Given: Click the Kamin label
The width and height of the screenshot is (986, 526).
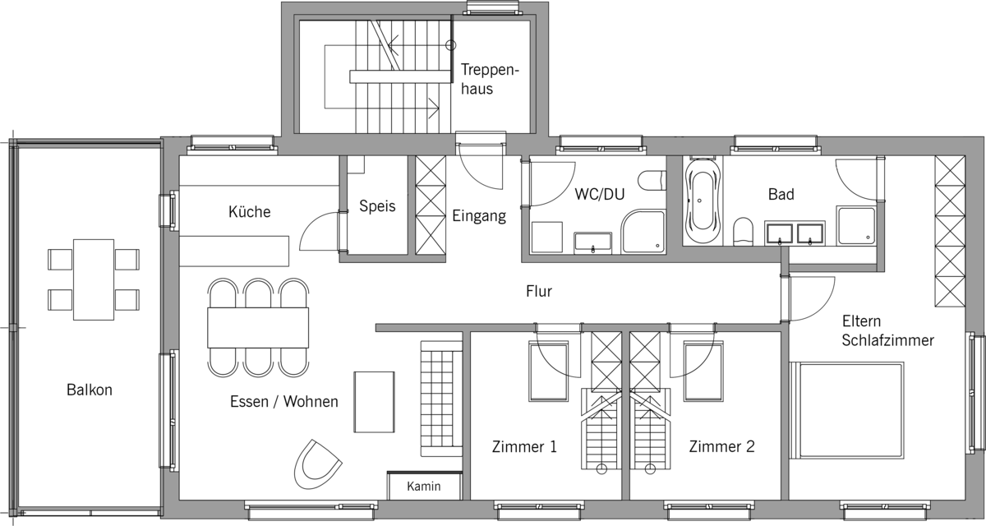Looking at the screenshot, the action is tap(423, 486).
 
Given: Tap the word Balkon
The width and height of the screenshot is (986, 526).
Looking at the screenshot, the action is tap(90, 390).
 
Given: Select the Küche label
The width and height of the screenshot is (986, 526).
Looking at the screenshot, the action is tap(249, 212).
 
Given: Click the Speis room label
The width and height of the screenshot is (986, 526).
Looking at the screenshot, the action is tap(377, 206).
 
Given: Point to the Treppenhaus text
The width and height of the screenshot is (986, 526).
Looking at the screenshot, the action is tap(490, 79).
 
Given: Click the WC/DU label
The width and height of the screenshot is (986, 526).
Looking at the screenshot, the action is tap(600, 194).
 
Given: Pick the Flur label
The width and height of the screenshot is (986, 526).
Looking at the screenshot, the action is tap(539, 291).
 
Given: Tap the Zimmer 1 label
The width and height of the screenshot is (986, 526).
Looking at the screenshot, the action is tap(524, 447).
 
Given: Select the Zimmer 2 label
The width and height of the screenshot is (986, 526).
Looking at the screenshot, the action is tap(722, 447).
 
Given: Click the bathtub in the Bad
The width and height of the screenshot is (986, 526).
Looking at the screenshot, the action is tap(703, 201).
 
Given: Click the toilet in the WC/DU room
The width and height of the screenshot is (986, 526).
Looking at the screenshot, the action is tap(652, 181).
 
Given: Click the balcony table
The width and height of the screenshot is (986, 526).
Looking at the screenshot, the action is tap(94, 279).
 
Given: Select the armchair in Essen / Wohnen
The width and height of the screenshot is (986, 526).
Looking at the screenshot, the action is tap(318, 464).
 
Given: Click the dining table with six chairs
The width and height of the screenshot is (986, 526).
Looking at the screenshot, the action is tap(258, 328).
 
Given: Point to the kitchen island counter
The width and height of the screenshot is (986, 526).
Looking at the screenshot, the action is tap(234, 251).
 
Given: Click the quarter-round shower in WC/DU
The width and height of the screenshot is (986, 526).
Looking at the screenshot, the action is tap(643, 232).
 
